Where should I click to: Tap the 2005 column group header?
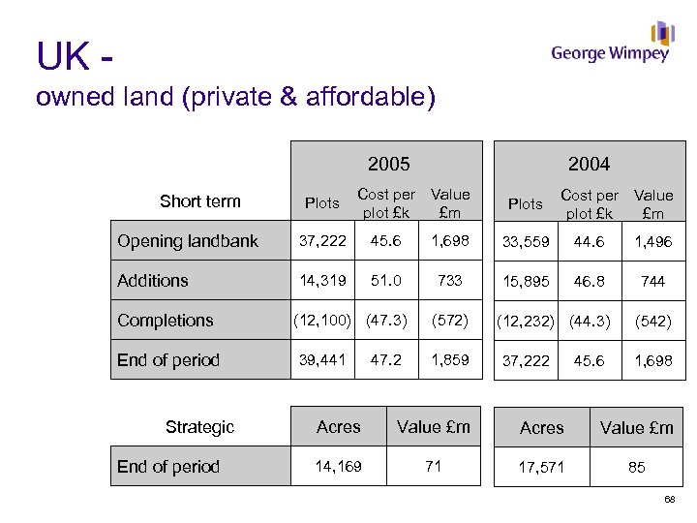388,164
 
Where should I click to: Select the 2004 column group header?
589,164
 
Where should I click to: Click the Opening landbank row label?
188,241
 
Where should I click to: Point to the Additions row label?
153,281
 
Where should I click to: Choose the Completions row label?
166,321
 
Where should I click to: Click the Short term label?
199,201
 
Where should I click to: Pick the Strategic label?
199,427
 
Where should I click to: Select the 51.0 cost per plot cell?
386,281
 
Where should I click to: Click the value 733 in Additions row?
450,281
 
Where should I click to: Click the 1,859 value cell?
450,359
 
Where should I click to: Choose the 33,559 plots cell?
526,241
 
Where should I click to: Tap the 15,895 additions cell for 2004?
526,281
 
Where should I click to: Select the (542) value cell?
653,321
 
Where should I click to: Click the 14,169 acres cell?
339,467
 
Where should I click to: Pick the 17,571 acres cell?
542,467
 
